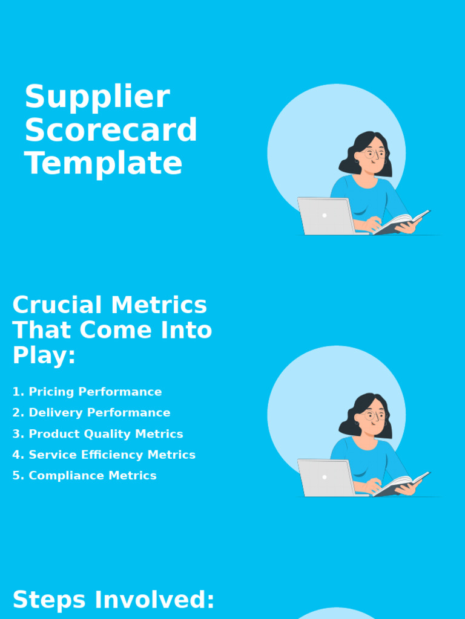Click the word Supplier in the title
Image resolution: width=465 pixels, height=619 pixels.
pyautogui.click(x=97, y=98)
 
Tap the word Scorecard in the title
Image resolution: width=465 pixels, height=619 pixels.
pyautogui.click(x=111, y=131)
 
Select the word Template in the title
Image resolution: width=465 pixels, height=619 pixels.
pyautogui.click(x=103, y=164)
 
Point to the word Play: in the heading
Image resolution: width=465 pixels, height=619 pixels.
pyautogui.click(x=44, y=356)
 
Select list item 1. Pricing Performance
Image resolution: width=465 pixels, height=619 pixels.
pyautogui.click(x=87, y=392)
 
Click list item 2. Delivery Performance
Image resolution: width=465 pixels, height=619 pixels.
pyautogui.click(x=91, y=413)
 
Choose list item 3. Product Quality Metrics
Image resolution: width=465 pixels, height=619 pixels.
pyautogui.click(x=97, y=434)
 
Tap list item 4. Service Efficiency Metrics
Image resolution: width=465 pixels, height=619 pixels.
pyautogui.click(x=104, y=455)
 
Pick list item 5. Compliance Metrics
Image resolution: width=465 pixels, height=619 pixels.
pyautogui.click(x=84, y=476)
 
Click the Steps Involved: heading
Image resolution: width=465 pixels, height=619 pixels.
pyautogui.click(x=114, y=600)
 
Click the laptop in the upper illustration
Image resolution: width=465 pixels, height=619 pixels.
pyautogui.click(x=326, y=216)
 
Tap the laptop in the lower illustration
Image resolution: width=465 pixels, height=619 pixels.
pyautogui.click(x=326, y=478)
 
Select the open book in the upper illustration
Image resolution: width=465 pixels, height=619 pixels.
pyautogui.click(x=401, y=222)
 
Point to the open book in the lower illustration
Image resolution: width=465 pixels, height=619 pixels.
pyautogui.click(x=401, y=484)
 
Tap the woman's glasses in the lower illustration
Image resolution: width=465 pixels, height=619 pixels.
pyautogui.click(x=375, y=415)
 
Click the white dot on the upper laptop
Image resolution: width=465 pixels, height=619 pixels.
pyautogui.click(x=325, y=215)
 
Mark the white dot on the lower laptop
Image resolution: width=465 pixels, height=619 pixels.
pyautogui.click(x=325, y=477)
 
